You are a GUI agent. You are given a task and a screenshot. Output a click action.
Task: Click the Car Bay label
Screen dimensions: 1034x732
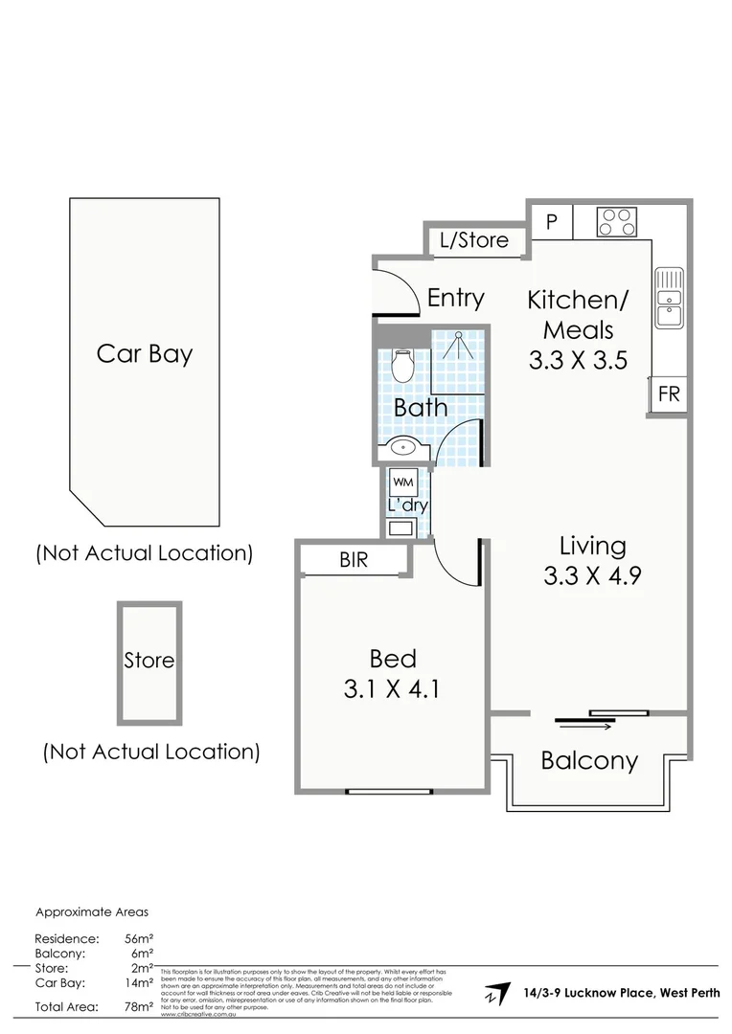(145, 353)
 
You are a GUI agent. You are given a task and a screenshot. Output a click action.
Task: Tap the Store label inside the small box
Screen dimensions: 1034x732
(149, 661)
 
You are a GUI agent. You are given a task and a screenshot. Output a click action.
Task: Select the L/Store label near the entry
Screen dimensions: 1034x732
(474, 239)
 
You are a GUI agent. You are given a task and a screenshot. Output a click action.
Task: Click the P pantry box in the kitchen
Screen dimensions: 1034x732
(551, 220)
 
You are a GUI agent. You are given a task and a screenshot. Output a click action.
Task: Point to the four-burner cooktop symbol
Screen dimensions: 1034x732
(616, 221)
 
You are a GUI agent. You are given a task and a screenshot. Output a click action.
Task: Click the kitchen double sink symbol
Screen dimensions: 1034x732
(670, 299)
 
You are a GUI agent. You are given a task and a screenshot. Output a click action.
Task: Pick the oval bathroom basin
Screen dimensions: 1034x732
(403, 446)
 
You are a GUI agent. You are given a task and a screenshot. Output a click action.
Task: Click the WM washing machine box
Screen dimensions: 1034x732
(403, 482)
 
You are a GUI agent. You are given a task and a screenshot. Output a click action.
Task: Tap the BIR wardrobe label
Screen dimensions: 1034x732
(354, 561)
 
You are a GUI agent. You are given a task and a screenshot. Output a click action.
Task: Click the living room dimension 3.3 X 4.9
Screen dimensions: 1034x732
(591, 576)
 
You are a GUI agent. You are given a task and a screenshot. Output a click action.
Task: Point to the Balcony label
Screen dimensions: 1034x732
(589, 761)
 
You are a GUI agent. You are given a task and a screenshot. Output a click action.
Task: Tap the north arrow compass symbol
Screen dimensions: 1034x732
(496, 993)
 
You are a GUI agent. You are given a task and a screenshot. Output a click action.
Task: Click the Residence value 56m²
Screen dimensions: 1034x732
(140, 939)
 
